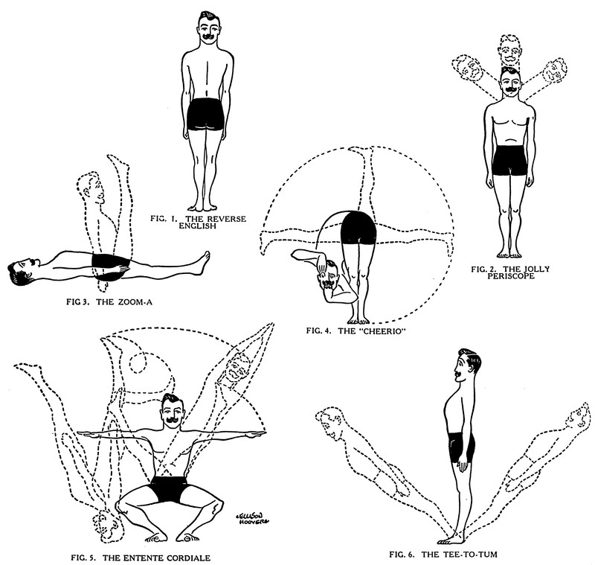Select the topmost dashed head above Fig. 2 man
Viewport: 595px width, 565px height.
(509, 50)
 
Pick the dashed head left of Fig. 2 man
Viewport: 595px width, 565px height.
(470, 71)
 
